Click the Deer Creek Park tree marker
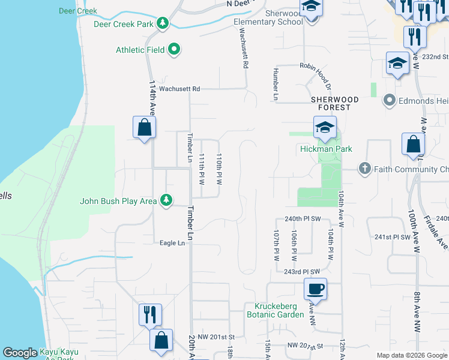click(x=162, y=23)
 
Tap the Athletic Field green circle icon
click(x=175, y=49)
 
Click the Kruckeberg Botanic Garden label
click(x=275, y=310)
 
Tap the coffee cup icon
click(x=315, y=289)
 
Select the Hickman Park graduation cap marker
click(x=324, y=127)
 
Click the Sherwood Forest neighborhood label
click(x=334, y=103)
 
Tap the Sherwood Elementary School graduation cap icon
click(x=312, y=7)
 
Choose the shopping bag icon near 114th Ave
click(x=144, y=127)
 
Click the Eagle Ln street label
click(x=172, y=243)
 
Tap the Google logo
click(x=20, y=353)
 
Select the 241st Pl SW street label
click(x=392, y=237)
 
